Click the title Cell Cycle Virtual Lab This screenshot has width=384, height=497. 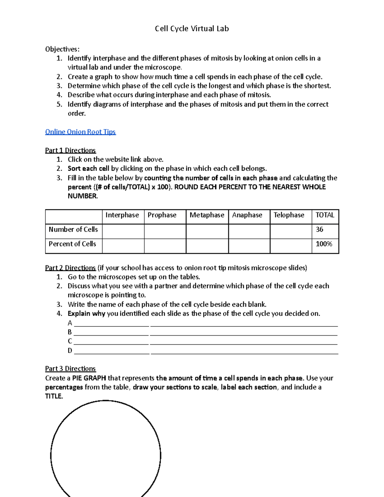(192, 29)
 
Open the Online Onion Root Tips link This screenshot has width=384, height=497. (80, 132)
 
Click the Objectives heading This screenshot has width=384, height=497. (62, 49)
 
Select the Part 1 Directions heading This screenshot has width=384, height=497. (70, 150)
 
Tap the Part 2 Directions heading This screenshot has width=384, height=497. (70, 268)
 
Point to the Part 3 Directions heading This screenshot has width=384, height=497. (70, 369)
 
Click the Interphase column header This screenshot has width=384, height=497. (122, 215)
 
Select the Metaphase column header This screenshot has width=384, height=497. (207, 215)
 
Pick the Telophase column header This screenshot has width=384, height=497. (289, 215)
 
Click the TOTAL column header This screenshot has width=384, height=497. (325, 215)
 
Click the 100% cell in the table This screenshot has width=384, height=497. (324, 244)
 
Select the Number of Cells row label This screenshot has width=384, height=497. (73, 229)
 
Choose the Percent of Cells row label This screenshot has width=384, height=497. (72, 244)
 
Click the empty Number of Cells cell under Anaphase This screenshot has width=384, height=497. (249, 231)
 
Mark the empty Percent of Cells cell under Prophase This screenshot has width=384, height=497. (165, 246)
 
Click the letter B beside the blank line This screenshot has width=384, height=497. (70, 332)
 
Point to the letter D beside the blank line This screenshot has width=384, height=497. (70, 350)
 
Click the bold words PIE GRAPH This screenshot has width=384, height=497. (89, 378)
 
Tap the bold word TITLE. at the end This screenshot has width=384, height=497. (54, 396)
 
